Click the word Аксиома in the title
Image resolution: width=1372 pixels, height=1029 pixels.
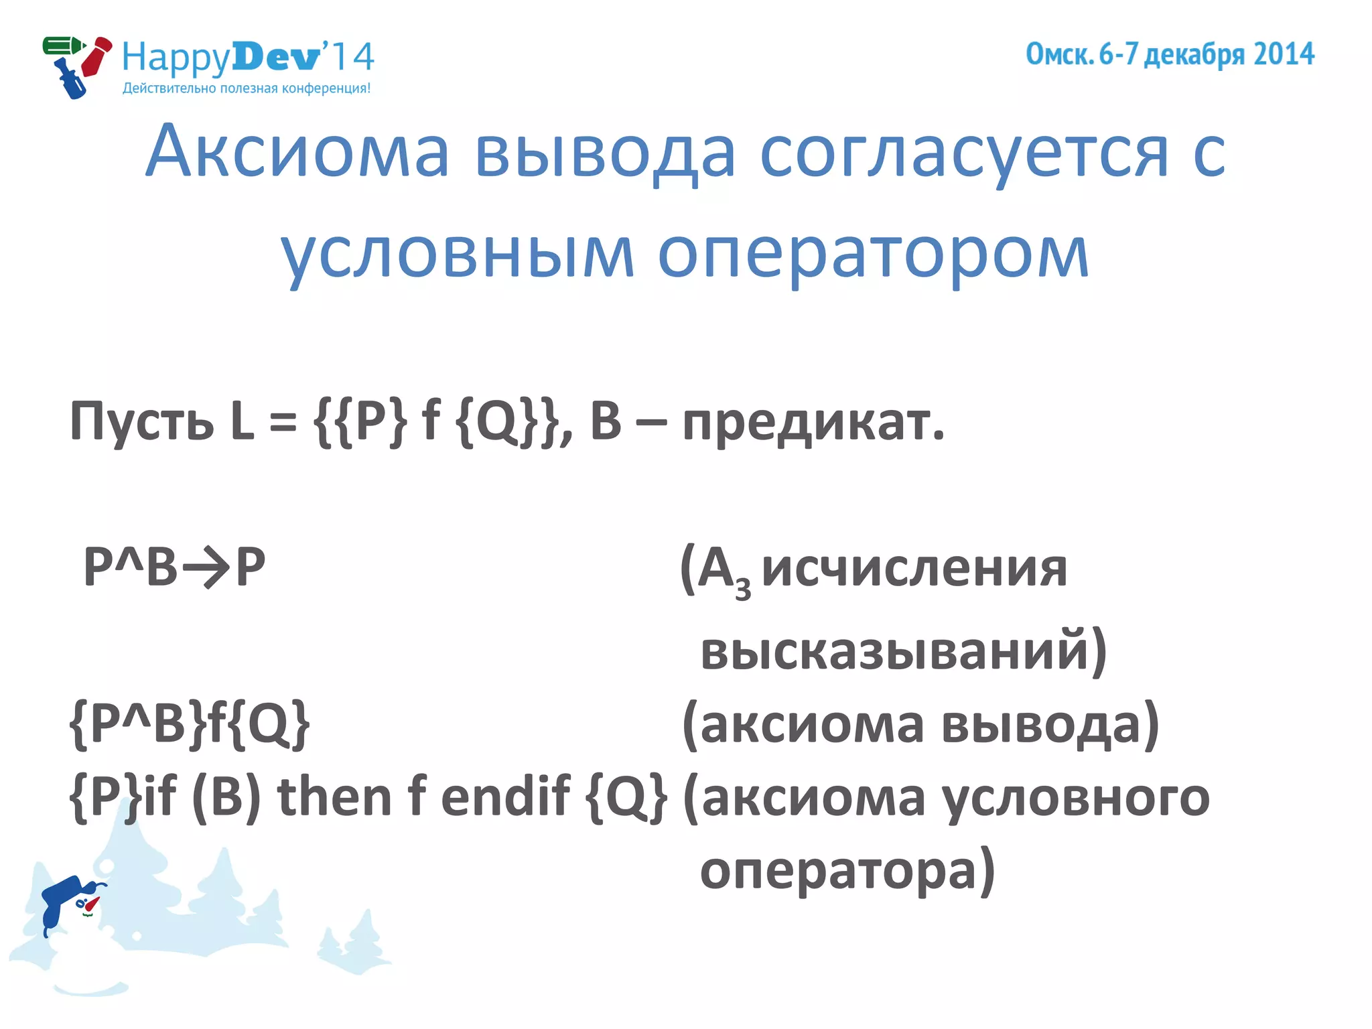click(297, 152)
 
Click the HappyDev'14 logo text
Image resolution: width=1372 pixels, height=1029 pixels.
click(248, 57)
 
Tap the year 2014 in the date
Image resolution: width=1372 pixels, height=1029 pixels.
click(1284, 54)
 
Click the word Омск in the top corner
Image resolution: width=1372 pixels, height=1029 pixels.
click(1059, 54)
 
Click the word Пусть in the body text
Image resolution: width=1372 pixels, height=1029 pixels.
click(141, 422)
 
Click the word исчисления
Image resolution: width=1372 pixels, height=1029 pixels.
click(914, 569)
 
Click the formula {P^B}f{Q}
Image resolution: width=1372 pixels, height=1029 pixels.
click(190, 724)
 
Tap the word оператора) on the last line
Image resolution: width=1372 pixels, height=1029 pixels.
click(847, 870)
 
